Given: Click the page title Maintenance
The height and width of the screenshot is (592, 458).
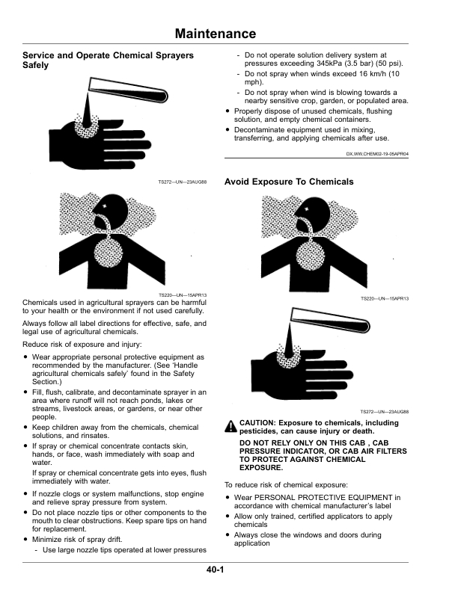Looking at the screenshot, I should point(215,34).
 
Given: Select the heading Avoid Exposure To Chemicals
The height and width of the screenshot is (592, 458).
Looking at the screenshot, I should point(278,182).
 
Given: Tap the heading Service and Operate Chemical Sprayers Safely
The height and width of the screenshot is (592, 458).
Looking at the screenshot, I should point(108,61).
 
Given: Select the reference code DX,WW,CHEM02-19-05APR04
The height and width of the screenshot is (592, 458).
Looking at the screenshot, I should point(377,154).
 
